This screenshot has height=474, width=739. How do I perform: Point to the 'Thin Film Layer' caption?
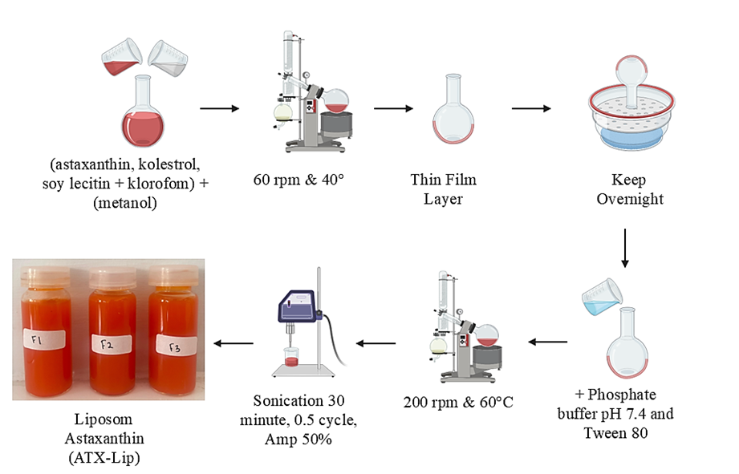(x=444, y=188)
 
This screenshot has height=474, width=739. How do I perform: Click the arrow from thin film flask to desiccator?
(x=531, y=108)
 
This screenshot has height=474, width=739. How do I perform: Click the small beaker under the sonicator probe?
(x=289, y=358)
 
